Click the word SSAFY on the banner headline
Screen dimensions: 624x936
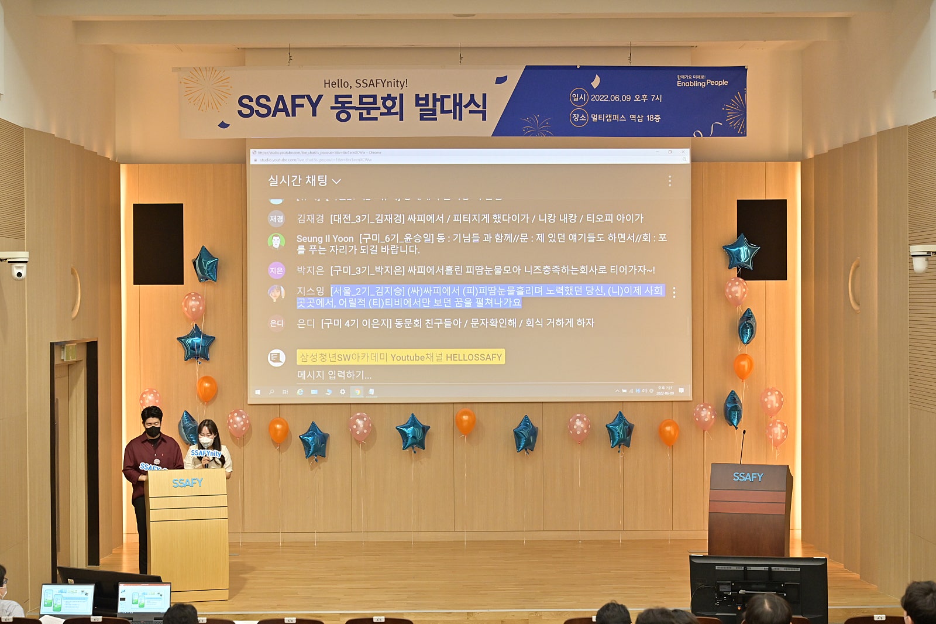279,107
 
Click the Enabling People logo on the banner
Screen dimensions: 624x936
702,83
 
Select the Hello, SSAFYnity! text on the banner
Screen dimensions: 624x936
365,84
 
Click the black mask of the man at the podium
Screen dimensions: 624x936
153,431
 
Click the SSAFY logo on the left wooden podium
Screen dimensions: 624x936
187,483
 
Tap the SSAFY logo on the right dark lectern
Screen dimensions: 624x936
748,477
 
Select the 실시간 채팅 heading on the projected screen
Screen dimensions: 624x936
298,181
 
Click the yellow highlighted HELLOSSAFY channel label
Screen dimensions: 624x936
400,357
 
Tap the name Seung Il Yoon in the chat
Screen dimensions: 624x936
325,238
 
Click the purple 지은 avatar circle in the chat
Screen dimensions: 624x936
276,270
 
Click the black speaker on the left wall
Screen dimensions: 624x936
158,244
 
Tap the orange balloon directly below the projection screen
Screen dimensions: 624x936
465,421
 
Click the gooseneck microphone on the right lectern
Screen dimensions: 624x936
742,445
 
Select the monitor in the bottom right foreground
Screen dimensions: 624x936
758,585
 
